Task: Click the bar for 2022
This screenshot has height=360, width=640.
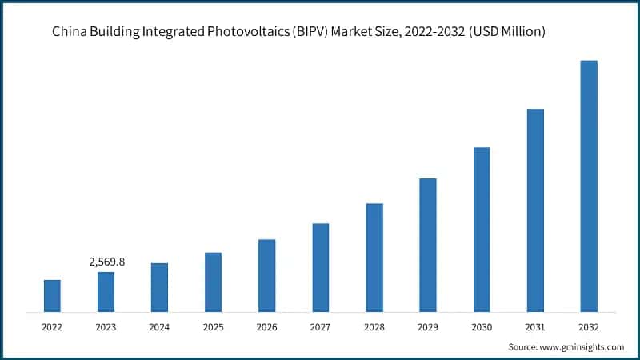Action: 52,295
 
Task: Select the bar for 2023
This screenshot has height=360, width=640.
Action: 106,291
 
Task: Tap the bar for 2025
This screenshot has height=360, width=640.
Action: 213,282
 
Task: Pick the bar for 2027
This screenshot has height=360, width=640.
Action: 320,267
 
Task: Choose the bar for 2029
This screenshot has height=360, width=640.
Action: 428,245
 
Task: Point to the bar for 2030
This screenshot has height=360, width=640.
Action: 482,229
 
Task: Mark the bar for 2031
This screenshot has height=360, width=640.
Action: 535,210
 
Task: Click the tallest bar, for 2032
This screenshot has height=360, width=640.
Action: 589,186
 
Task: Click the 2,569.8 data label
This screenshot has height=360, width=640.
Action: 106,262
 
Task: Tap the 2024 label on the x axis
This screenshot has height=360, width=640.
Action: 159,326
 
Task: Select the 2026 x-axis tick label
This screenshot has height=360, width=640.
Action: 266,326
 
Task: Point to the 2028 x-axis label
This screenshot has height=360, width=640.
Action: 374,326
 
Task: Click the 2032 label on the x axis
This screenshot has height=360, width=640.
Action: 589,326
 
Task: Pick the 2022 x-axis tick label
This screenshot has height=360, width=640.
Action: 52,326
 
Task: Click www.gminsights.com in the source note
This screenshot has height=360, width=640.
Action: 582,346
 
